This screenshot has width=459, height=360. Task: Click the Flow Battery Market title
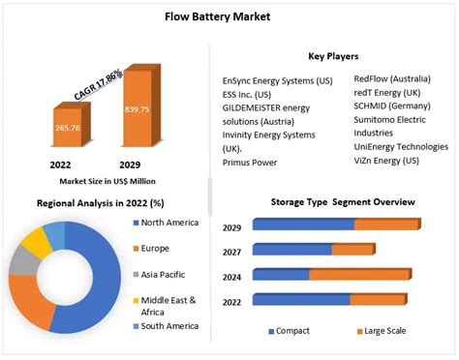[229, 15]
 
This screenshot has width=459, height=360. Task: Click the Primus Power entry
[251, 163]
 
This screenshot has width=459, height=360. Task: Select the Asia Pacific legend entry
[164, 275]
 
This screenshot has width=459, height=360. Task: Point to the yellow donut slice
[39, 240]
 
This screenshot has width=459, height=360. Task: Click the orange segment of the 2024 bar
[359, 275]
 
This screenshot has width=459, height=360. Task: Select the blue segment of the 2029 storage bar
[304, 225]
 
